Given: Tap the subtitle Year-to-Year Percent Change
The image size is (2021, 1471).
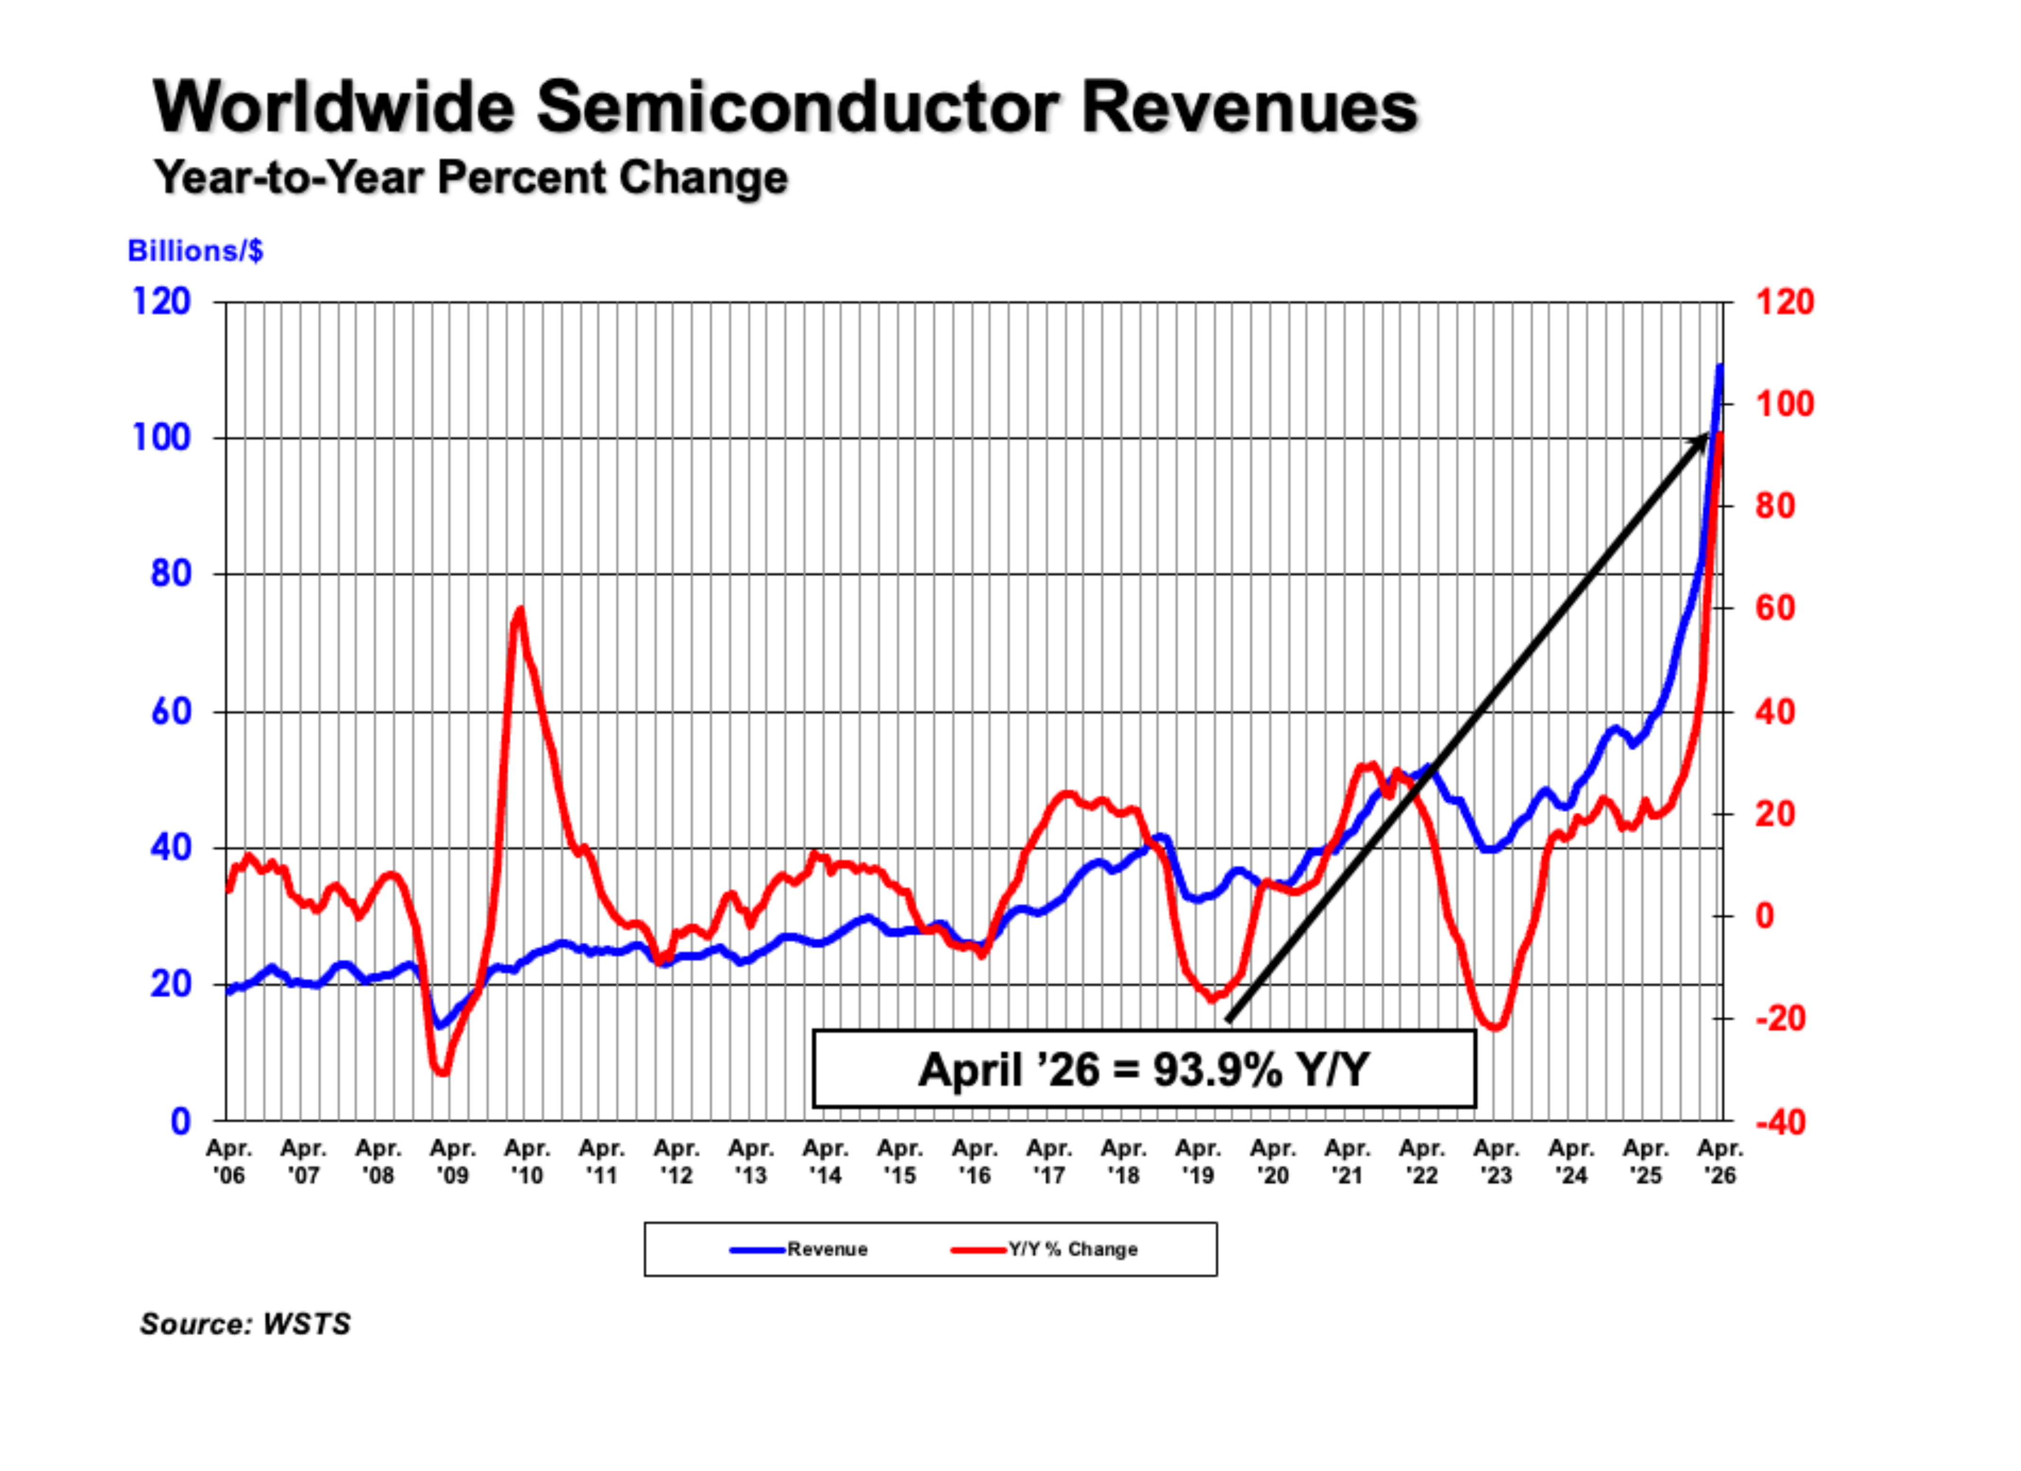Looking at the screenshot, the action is [470, 177].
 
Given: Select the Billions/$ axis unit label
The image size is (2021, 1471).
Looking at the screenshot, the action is [195, 251].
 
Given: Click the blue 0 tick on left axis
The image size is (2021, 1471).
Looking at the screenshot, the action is [181, 1121].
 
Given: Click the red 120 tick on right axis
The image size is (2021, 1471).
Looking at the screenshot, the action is [1785, 302].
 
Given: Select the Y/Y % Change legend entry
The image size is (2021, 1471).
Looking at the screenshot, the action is [1044, 1249].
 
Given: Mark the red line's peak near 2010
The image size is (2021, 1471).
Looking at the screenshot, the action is [520, 609].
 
